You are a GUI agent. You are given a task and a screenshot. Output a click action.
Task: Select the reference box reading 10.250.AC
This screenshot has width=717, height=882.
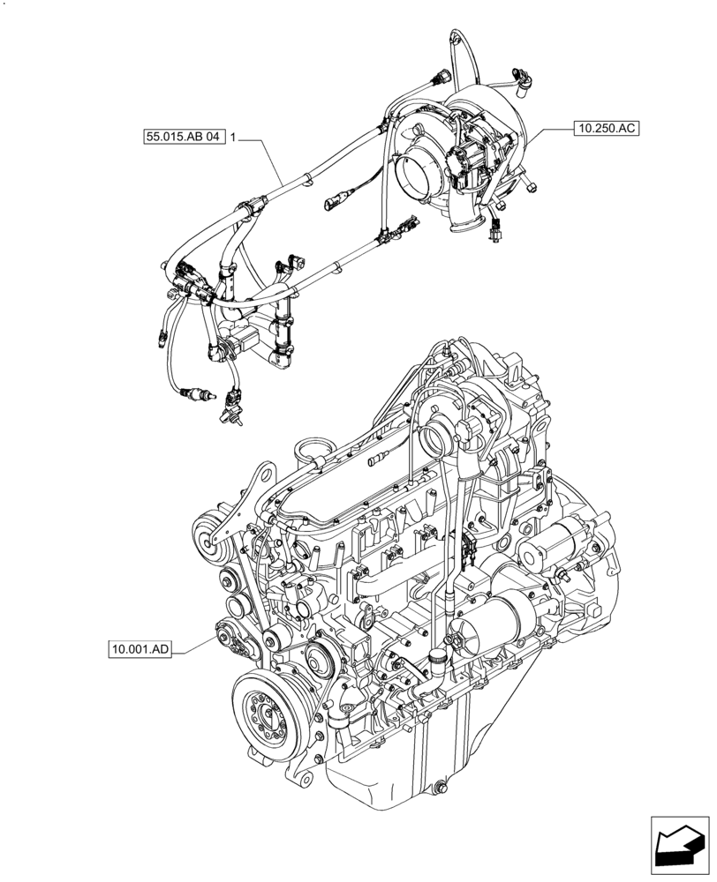pyautogui.click(x=605, y=128)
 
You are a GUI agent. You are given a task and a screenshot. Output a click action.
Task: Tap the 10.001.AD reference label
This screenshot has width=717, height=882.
pyautogui.click(x=140, y=650)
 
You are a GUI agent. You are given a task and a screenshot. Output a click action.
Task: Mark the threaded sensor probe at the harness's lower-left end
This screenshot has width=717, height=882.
pyautogui.click(x=190, y=394)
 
